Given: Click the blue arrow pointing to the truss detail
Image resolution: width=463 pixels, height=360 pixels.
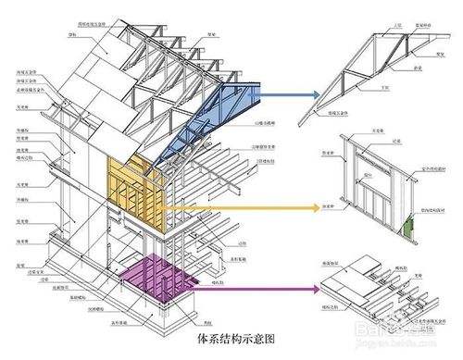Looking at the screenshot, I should [287, 93].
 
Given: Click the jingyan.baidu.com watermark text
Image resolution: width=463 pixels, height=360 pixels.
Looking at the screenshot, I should [407, 349].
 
